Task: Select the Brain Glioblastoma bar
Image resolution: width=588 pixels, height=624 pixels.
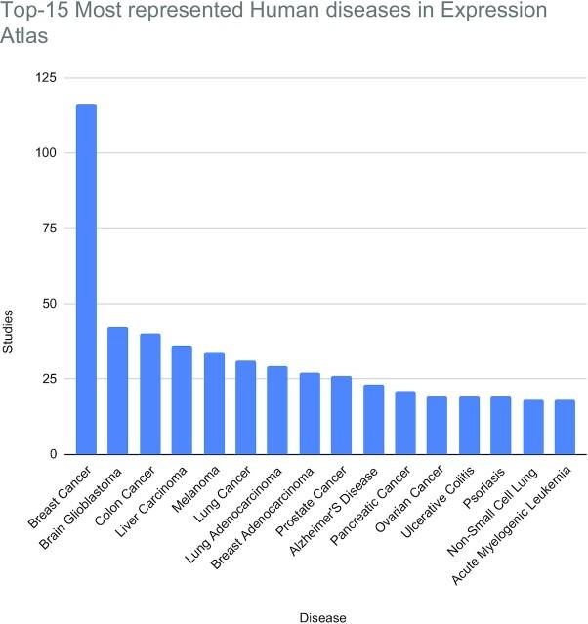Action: click(x=117, y=391)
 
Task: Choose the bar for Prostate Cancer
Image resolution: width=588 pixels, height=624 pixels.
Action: click(x=341, y=415)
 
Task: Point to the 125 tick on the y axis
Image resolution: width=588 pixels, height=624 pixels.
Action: click(x=45, y=77)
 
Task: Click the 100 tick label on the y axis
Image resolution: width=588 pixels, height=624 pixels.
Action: click(x=45, y=153)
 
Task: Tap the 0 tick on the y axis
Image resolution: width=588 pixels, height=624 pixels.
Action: click(x=52, y=454)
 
